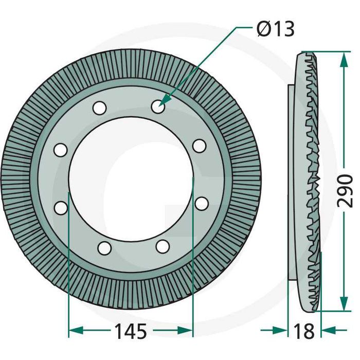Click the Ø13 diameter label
point(276,29)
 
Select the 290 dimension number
point(345,191)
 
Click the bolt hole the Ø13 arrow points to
point(158,106)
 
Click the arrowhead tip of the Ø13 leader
point(159,105)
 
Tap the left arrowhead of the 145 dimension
point(76,330)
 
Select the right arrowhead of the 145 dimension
point(185,330)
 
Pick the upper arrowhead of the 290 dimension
point(344,59)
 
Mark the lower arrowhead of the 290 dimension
point(344,303)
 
